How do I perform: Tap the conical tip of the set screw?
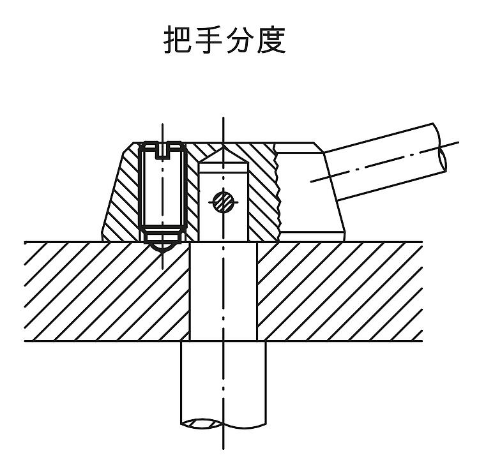click(162, 248)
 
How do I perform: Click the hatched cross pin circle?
click(224, 202)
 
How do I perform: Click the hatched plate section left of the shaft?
click(107, 292)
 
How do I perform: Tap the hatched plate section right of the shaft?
click(340, 292)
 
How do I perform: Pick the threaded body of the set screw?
click(162, 189)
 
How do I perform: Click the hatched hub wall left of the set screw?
click(122, 195)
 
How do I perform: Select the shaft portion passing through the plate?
click(224, 292)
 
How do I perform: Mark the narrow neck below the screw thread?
click(162, 237)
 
